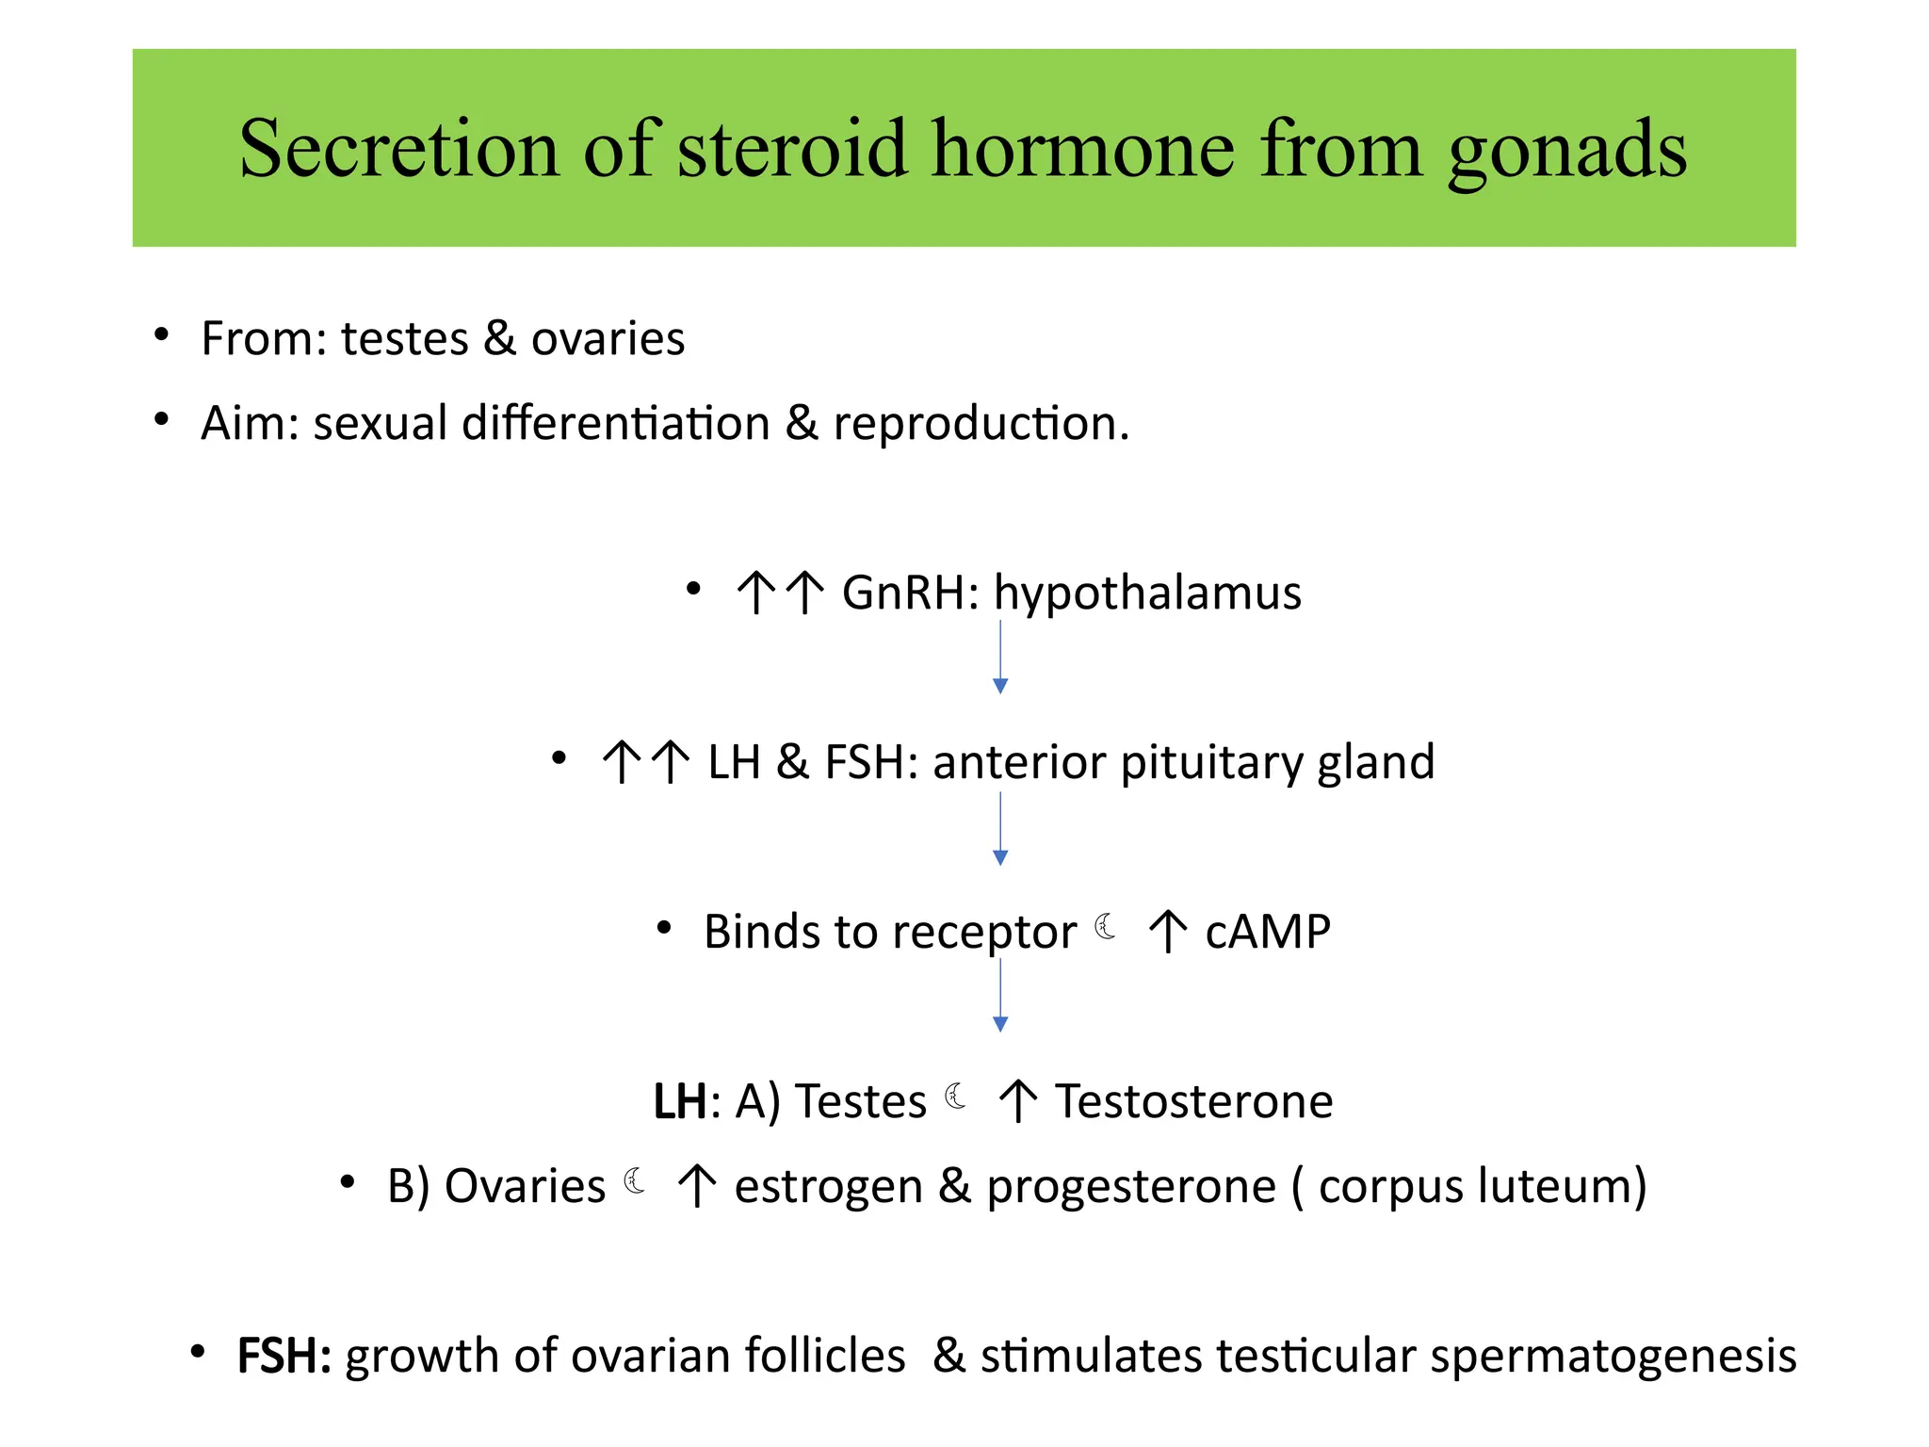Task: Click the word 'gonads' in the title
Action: point(1566,151)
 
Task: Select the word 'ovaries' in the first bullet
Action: point(608,338)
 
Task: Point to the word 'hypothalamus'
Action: point(1147,593)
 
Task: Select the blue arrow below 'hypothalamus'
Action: point(1000,658)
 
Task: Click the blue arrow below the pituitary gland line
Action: point(1000,829)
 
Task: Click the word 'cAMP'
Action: point(1268,932)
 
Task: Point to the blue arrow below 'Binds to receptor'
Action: point(1000,997)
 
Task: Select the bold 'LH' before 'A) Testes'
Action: point(680,1101)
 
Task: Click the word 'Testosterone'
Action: point(1193,1101)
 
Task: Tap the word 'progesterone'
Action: point(1130,1187)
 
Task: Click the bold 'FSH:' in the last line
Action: point(284,1357)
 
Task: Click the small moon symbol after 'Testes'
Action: point(955,1097)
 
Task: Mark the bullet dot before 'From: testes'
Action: point(162,334)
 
